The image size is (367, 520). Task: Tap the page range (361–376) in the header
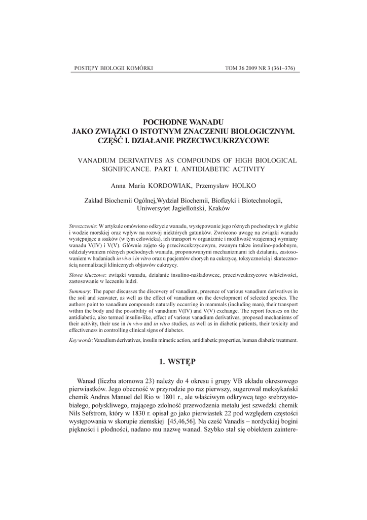281,68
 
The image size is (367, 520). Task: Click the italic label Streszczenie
83,225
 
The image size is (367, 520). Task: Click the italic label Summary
80,291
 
